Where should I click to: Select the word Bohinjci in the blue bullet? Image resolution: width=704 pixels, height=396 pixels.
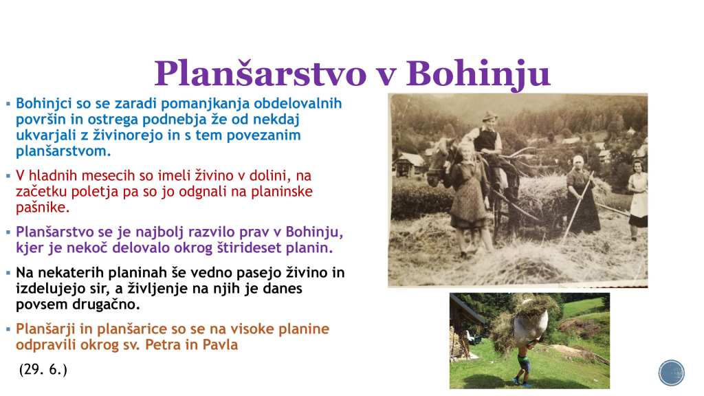tap(44, 104)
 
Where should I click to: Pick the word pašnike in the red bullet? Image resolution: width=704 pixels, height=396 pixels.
tap(43, 208)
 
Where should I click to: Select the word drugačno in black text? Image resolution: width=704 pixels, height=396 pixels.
tap(106, 305)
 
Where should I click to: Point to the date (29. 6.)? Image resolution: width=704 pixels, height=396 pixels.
tap(43, 369)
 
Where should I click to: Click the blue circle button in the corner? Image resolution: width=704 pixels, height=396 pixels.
tap(672, 373)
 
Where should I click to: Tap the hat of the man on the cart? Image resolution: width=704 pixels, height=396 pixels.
tap(489, 117)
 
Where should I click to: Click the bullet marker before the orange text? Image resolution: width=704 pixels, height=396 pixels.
tap(8, 329)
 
